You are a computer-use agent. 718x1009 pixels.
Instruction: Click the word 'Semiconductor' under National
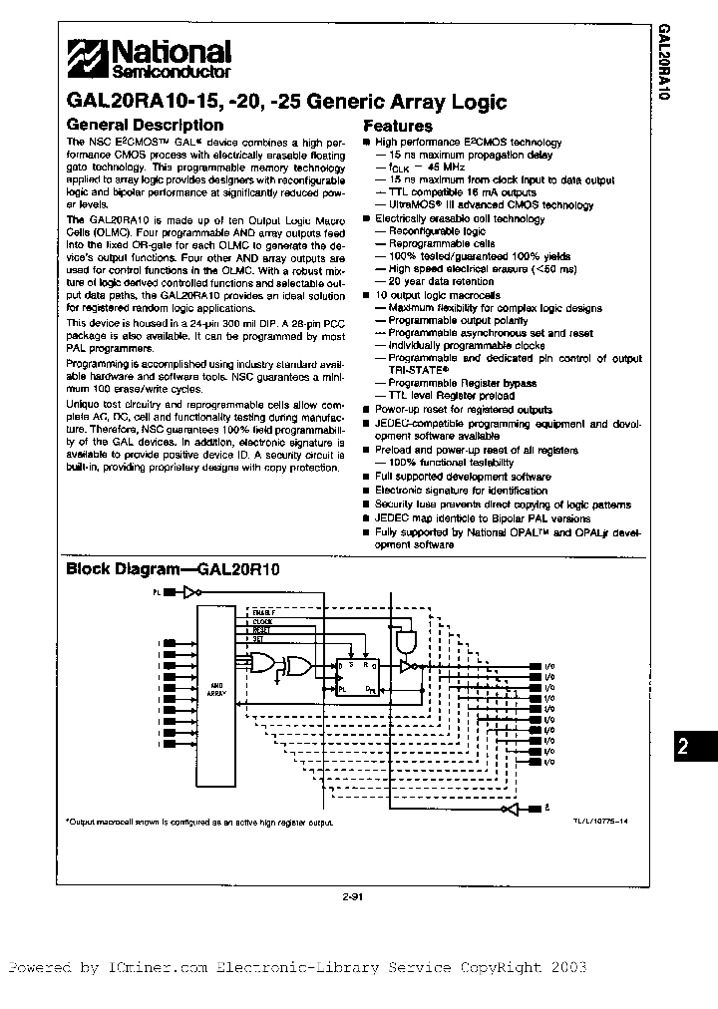[171, 73]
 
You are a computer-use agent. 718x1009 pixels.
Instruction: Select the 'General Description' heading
[144, 126]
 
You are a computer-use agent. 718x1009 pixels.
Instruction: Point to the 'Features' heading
[397, 127]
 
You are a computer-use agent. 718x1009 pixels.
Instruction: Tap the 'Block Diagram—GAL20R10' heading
[173, 570]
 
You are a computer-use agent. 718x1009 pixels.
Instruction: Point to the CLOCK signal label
[262, 620]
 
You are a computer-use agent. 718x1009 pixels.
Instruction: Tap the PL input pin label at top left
[157, 592]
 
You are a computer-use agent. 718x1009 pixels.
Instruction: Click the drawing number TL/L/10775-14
[599, 819]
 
